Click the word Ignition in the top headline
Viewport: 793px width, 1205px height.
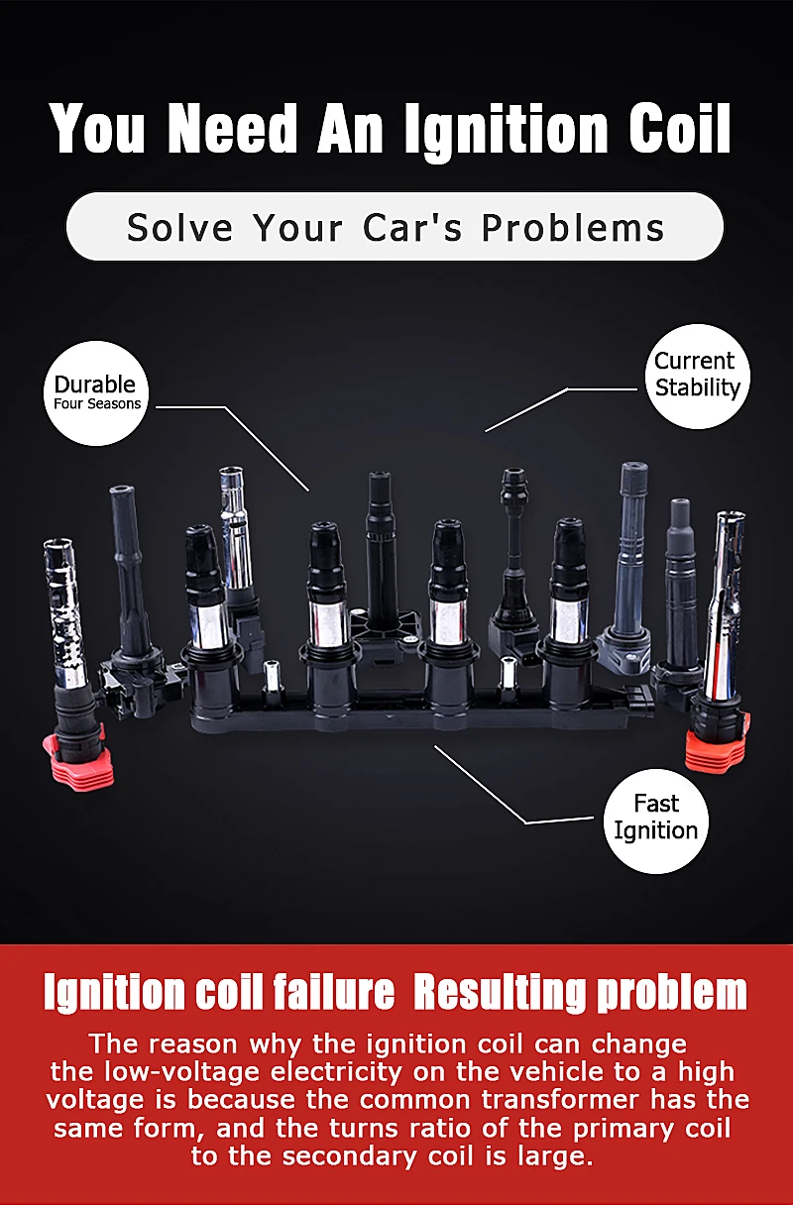[507, 132]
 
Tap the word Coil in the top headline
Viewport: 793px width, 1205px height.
[680, 129]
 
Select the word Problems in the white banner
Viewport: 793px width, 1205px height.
[573, 228]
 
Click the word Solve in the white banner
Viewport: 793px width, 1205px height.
[179, 228]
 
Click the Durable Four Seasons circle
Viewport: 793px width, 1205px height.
[96, 392]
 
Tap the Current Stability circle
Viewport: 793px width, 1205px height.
[697, 376]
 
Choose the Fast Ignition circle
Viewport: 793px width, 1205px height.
[656, 821]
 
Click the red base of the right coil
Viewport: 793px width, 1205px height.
[716, 743]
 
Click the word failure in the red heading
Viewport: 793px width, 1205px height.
[333, 992]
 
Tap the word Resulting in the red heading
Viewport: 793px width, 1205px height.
[500, 994]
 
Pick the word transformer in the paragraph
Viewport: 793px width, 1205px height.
[559, 1100]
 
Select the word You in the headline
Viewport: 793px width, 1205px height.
[97, 129]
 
